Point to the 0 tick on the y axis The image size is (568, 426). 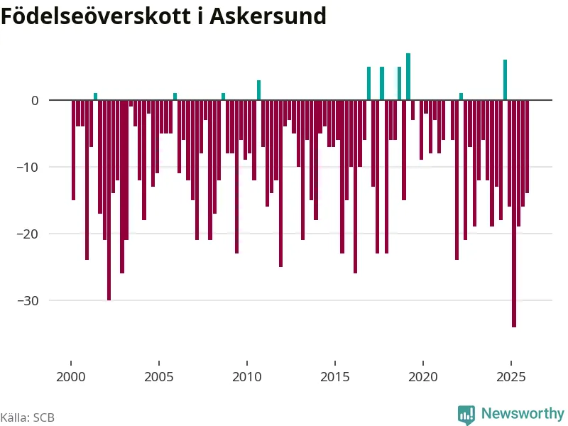tap(34, 100)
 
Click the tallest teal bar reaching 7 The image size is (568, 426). tap(408, 77)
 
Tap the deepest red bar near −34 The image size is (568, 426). tap(514, 213)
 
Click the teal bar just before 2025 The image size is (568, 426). tap(505, 80)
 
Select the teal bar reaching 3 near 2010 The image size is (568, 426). tap(258, 90)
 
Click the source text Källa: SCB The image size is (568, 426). tap(27, 417)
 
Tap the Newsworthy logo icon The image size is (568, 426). tap(466, 414)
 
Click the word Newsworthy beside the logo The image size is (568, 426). tap(523, 413)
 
